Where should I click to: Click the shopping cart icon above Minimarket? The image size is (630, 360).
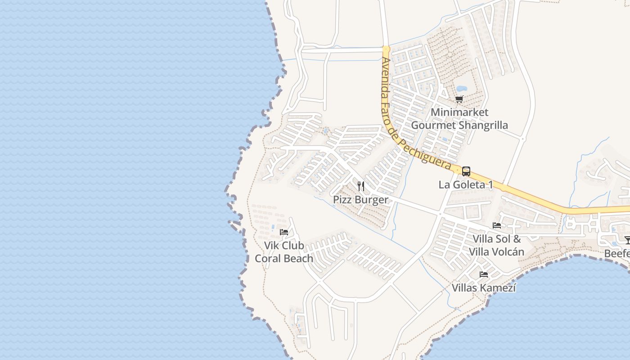[459, 99]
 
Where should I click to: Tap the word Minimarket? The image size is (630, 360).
[459, 112]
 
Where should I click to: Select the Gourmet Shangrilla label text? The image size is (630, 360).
[459, 125]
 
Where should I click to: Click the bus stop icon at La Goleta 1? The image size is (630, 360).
[466, 171]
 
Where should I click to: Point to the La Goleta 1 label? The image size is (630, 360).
[466, 184]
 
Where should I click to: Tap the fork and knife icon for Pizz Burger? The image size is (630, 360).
[361, 186]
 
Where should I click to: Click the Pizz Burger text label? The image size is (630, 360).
[360, 199]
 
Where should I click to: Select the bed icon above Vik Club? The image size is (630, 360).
[284, 232]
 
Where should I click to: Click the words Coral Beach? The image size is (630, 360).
[283, 258]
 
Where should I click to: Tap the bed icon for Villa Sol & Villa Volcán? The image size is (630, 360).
[497, 225]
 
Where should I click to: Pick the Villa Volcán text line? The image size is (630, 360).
[496, 252]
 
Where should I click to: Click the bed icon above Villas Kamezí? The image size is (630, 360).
[484, 274]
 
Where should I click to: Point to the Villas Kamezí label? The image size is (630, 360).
[484, 288]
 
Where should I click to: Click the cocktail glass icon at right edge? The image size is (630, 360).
[627, 240]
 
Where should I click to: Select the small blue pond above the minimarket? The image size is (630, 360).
[461, 89]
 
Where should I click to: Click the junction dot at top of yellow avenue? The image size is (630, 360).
[386, 48]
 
